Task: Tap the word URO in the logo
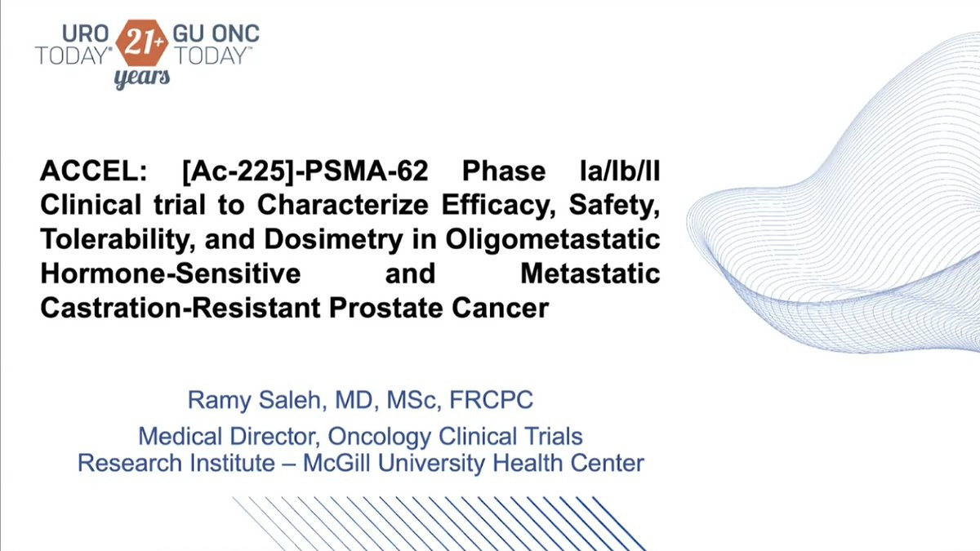(85, 33)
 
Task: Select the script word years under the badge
(142, 78)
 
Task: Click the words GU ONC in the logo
(216, 33)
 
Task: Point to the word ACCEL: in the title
(94, 171)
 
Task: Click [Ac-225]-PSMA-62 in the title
(305, 171)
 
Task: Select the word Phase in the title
(504, 171)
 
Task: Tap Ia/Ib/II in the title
(620, 171)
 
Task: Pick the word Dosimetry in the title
(333, 240)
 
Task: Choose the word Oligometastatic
(553, 240)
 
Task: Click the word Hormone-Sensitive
(171, 273)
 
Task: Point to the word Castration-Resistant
(180, 308)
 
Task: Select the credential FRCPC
(492, 399)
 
